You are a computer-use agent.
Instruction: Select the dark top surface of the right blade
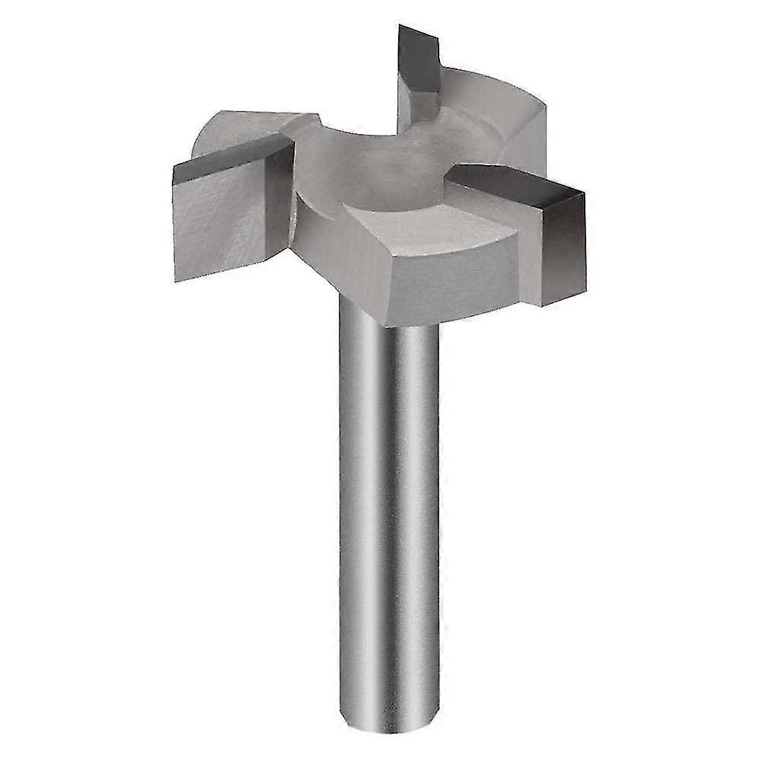(x=510, y=183)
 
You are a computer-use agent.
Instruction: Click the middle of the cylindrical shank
(x=388, y=518)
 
